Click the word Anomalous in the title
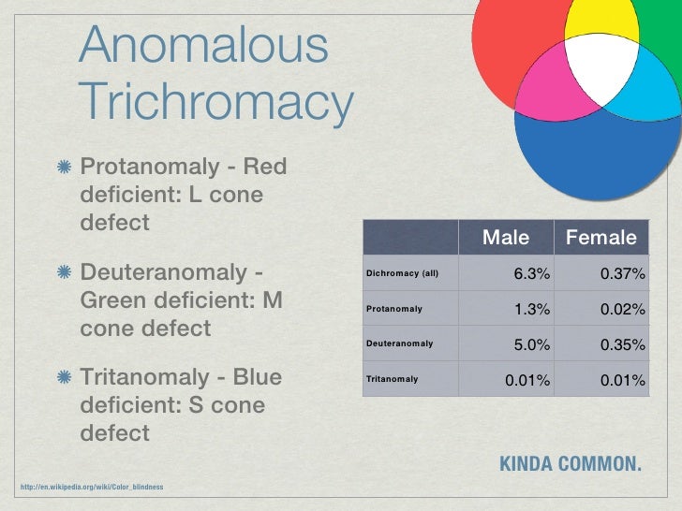[203, 47]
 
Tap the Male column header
[505, 238]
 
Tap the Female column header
[600, 238]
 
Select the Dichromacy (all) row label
[402, 274]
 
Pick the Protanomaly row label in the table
[394, 309]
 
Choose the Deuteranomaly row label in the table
[399, 343]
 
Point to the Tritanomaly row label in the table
[392, 380]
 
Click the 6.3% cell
[531, 274]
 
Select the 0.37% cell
[623, 274]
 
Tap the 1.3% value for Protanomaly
[531, 309]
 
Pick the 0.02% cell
[623, 309]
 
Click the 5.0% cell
[531, 344]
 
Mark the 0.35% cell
[623, 344]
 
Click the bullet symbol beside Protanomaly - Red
[63, 168]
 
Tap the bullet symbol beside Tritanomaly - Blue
[63, 378]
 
